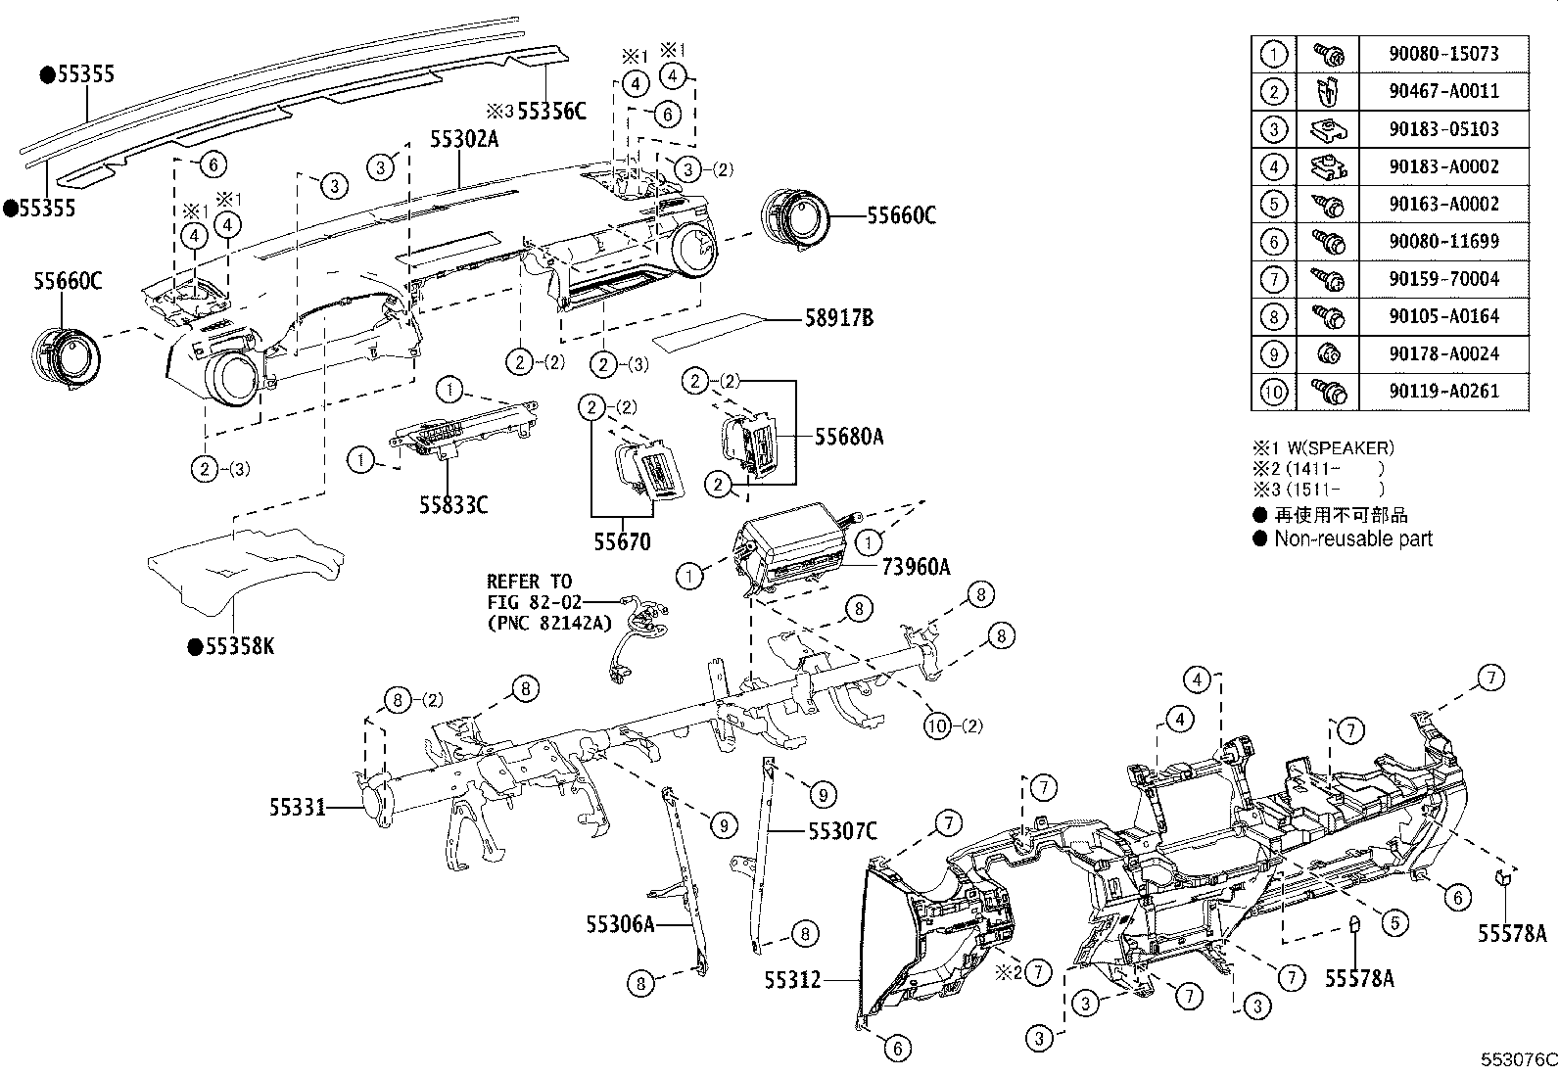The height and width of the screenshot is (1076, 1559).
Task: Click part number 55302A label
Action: (464, 139)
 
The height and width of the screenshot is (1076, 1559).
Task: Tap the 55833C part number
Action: (453, 505)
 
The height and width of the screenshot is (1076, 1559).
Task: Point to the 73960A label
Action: (916, 566)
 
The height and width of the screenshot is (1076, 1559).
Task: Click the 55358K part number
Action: (239, 646)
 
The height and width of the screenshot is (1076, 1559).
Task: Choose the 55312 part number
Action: (792, 978)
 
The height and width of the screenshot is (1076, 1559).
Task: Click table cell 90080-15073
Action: (1442, 54)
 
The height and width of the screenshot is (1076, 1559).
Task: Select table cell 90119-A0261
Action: (1442, 391)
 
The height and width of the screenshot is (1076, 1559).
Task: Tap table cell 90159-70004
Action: (1442, 279)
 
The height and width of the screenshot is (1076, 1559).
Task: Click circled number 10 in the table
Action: (1272, 392)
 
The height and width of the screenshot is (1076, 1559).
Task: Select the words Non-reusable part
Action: (1352, 539)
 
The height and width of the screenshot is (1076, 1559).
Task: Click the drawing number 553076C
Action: (1517, 1060)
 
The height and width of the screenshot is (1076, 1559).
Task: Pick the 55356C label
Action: (550, 111)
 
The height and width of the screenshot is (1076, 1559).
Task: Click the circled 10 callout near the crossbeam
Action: (938, 725)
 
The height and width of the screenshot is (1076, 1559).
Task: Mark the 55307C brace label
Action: (842, 831)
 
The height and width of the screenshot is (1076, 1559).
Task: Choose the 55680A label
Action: (848, 438)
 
